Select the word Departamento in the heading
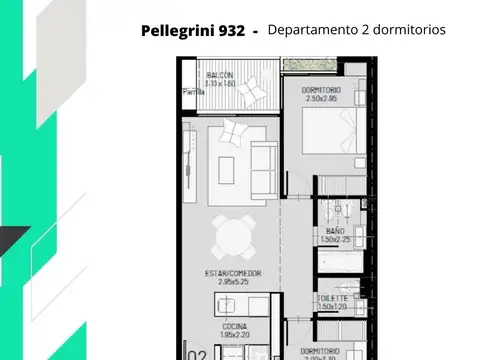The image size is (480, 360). click(316, 30)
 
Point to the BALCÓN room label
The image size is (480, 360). click(221, 75)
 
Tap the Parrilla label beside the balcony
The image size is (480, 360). click(192, 92)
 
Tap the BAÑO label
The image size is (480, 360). click(335, 231)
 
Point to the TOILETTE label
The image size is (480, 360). click(334, 298)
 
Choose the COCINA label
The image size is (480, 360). click(235, 327)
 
